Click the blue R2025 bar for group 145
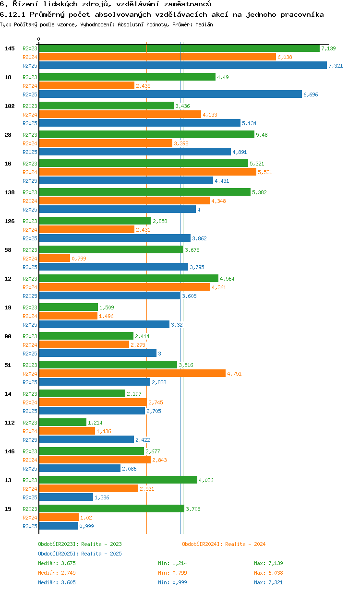pos(182,66)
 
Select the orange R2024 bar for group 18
pos(86,86)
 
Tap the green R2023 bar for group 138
pos(144,192)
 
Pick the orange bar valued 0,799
pos(54,259)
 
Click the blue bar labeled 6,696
pos(170,95)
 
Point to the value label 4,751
pos(235,374)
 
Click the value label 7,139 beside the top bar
pos(328,48)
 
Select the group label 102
pos(10,106)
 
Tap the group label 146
pos(10,451)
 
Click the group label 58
pos(8,250)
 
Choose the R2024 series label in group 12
pos(30,287)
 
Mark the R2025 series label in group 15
pos(30,526)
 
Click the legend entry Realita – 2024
pos(224,544)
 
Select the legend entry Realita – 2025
pos(80,554)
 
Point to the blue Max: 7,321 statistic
pos(268,582)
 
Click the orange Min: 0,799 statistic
pos(172,573)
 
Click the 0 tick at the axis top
pos(39,39)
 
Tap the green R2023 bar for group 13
pos(118,480)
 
